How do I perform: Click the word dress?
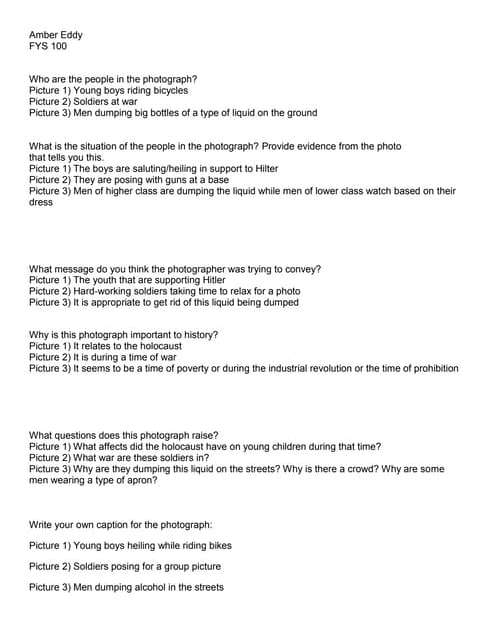click(41, 202)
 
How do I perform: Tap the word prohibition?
click(432, 368)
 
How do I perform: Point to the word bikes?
click(217, 545)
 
